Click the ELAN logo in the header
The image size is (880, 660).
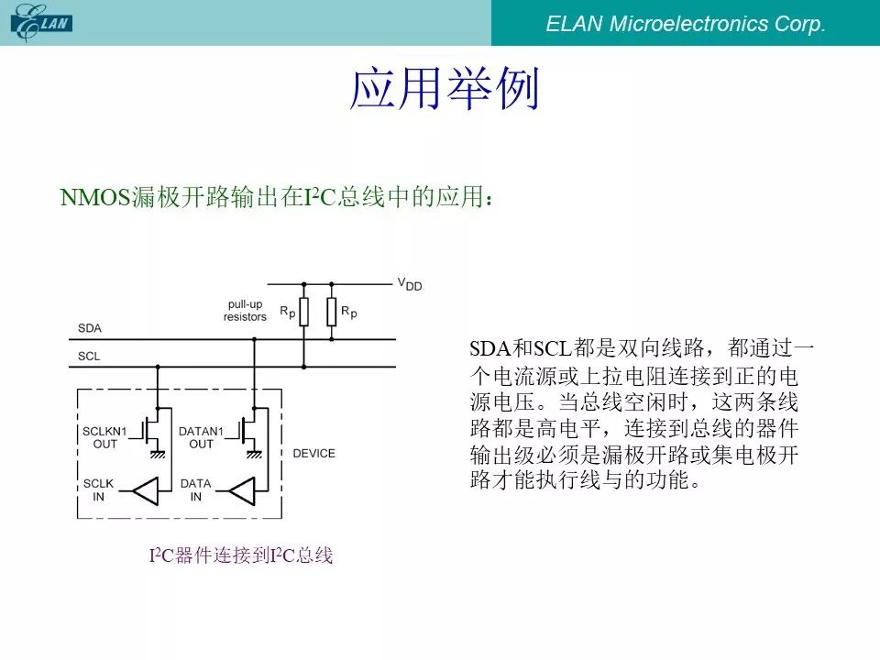[x=41, y=23]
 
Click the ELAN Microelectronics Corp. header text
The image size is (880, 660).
[x=686, y=24]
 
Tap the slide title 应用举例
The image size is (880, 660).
[x=444, y=88]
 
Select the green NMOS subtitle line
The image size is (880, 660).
[x=277, y=197]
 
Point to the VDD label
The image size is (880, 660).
[x=410, y=284]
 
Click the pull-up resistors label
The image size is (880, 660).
[x=245, y=311]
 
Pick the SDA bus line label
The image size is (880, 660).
[x=90, y=328]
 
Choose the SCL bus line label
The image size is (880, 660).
[x=89, y=356]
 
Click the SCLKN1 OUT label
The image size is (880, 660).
[x=104, y=437]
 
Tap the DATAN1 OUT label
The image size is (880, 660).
[x=201, y=437]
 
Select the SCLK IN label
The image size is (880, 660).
[x=98, y=489]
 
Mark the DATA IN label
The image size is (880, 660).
[x=196, y=489]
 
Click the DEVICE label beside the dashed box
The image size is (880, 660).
[x=313, y=454]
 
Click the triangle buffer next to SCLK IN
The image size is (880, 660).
[x=147, y=491]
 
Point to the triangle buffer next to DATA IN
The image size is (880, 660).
[x=243, y=491]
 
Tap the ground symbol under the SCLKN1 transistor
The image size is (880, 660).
[x=158, y=454]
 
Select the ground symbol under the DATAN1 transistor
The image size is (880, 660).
[x=254, y=454]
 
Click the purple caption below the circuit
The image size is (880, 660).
[x=241, y=555]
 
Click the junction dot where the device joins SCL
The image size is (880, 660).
[x=158, y=367]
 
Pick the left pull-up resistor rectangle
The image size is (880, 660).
[x=304, y=312]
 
